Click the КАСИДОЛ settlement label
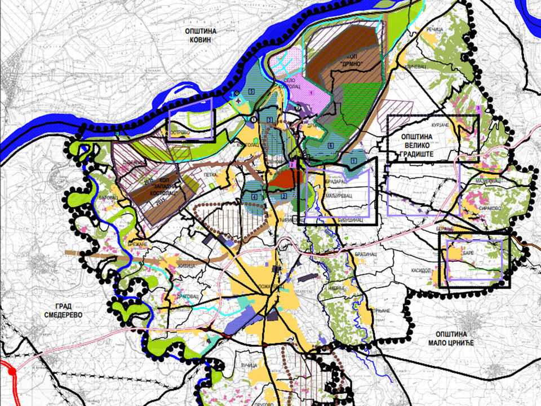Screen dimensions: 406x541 (420, 270)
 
